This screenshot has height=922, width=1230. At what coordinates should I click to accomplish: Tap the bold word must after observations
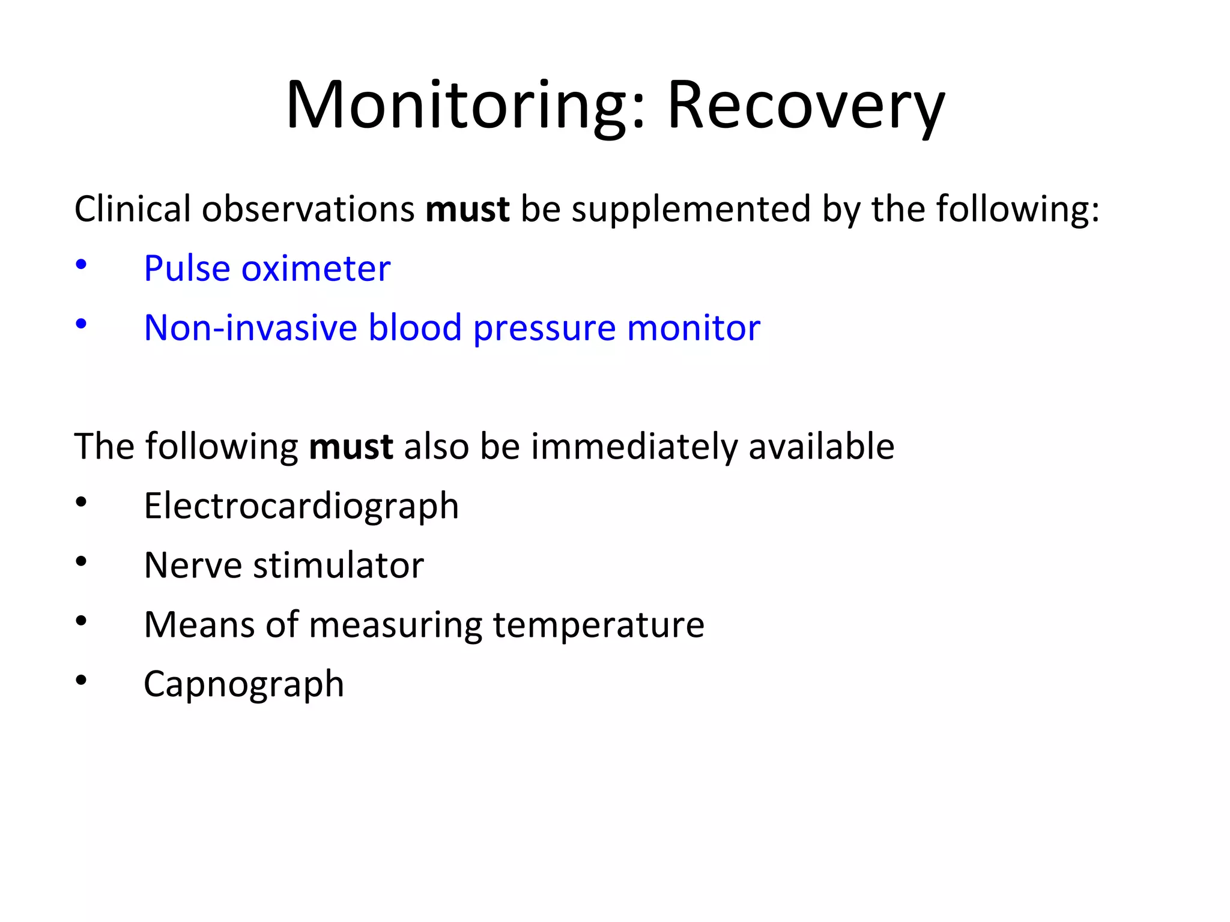pyautogui.click(x=467, y=209)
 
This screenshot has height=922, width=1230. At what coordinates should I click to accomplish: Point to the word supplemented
pyautogui.click(x=691, y=209)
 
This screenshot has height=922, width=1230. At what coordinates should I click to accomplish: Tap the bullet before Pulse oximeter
pyautogui.click(x=81, y=264)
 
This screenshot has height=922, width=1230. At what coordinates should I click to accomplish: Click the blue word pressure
pyautogui.click(x=544, y=328)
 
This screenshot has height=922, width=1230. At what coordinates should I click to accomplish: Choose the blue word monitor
pyautogui.click(x=693, y=328)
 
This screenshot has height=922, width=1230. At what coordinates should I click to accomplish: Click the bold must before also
pyautogui.click(x=351, y=447)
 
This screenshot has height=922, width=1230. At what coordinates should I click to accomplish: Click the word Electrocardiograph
pyautogui.click(x=301, y=506)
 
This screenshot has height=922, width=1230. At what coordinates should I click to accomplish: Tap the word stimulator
pyautogui.click(x=338, y=565)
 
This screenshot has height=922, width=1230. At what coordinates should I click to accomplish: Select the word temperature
pyautogui.click(x=598, y=625)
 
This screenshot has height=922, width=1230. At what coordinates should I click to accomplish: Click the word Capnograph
pyautogui.click(x=244, y=684)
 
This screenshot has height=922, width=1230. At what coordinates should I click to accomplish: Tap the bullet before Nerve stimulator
pyautogui.click(x=81, y=562)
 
